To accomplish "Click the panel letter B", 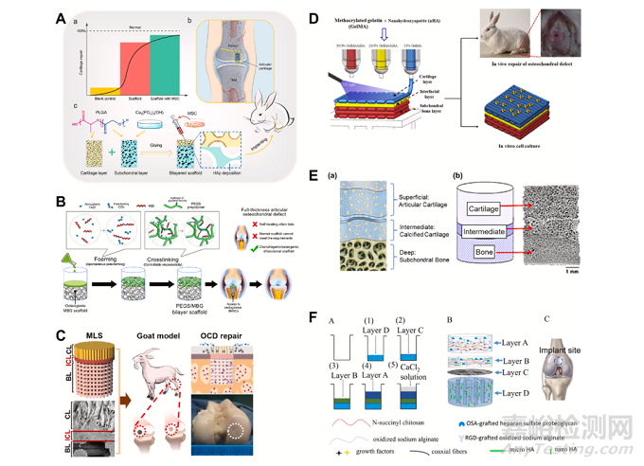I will (x=60, y=201).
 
